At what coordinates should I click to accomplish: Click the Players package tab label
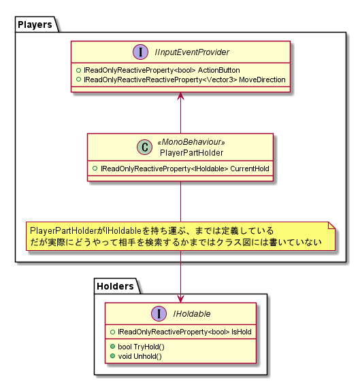point(35,24)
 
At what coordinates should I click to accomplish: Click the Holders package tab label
point(115,286)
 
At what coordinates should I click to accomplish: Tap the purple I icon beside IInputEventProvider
point(140,52)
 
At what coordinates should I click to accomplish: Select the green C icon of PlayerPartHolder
point(145,147)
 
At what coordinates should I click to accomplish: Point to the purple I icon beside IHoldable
point(159,313)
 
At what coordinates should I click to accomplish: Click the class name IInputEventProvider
point(192,52)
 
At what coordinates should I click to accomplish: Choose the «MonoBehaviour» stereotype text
point(191,142)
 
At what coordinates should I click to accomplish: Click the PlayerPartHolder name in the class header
point(191,153)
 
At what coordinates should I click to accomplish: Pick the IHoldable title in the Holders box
point(192,314)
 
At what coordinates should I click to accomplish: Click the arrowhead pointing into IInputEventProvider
point(180,96)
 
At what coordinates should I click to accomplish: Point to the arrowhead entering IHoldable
point(180,299)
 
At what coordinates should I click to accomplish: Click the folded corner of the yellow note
point(331,226)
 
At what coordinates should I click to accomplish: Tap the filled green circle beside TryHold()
point(112,346)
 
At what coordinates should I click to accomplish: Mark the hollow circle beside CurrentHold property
point(95,168)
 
